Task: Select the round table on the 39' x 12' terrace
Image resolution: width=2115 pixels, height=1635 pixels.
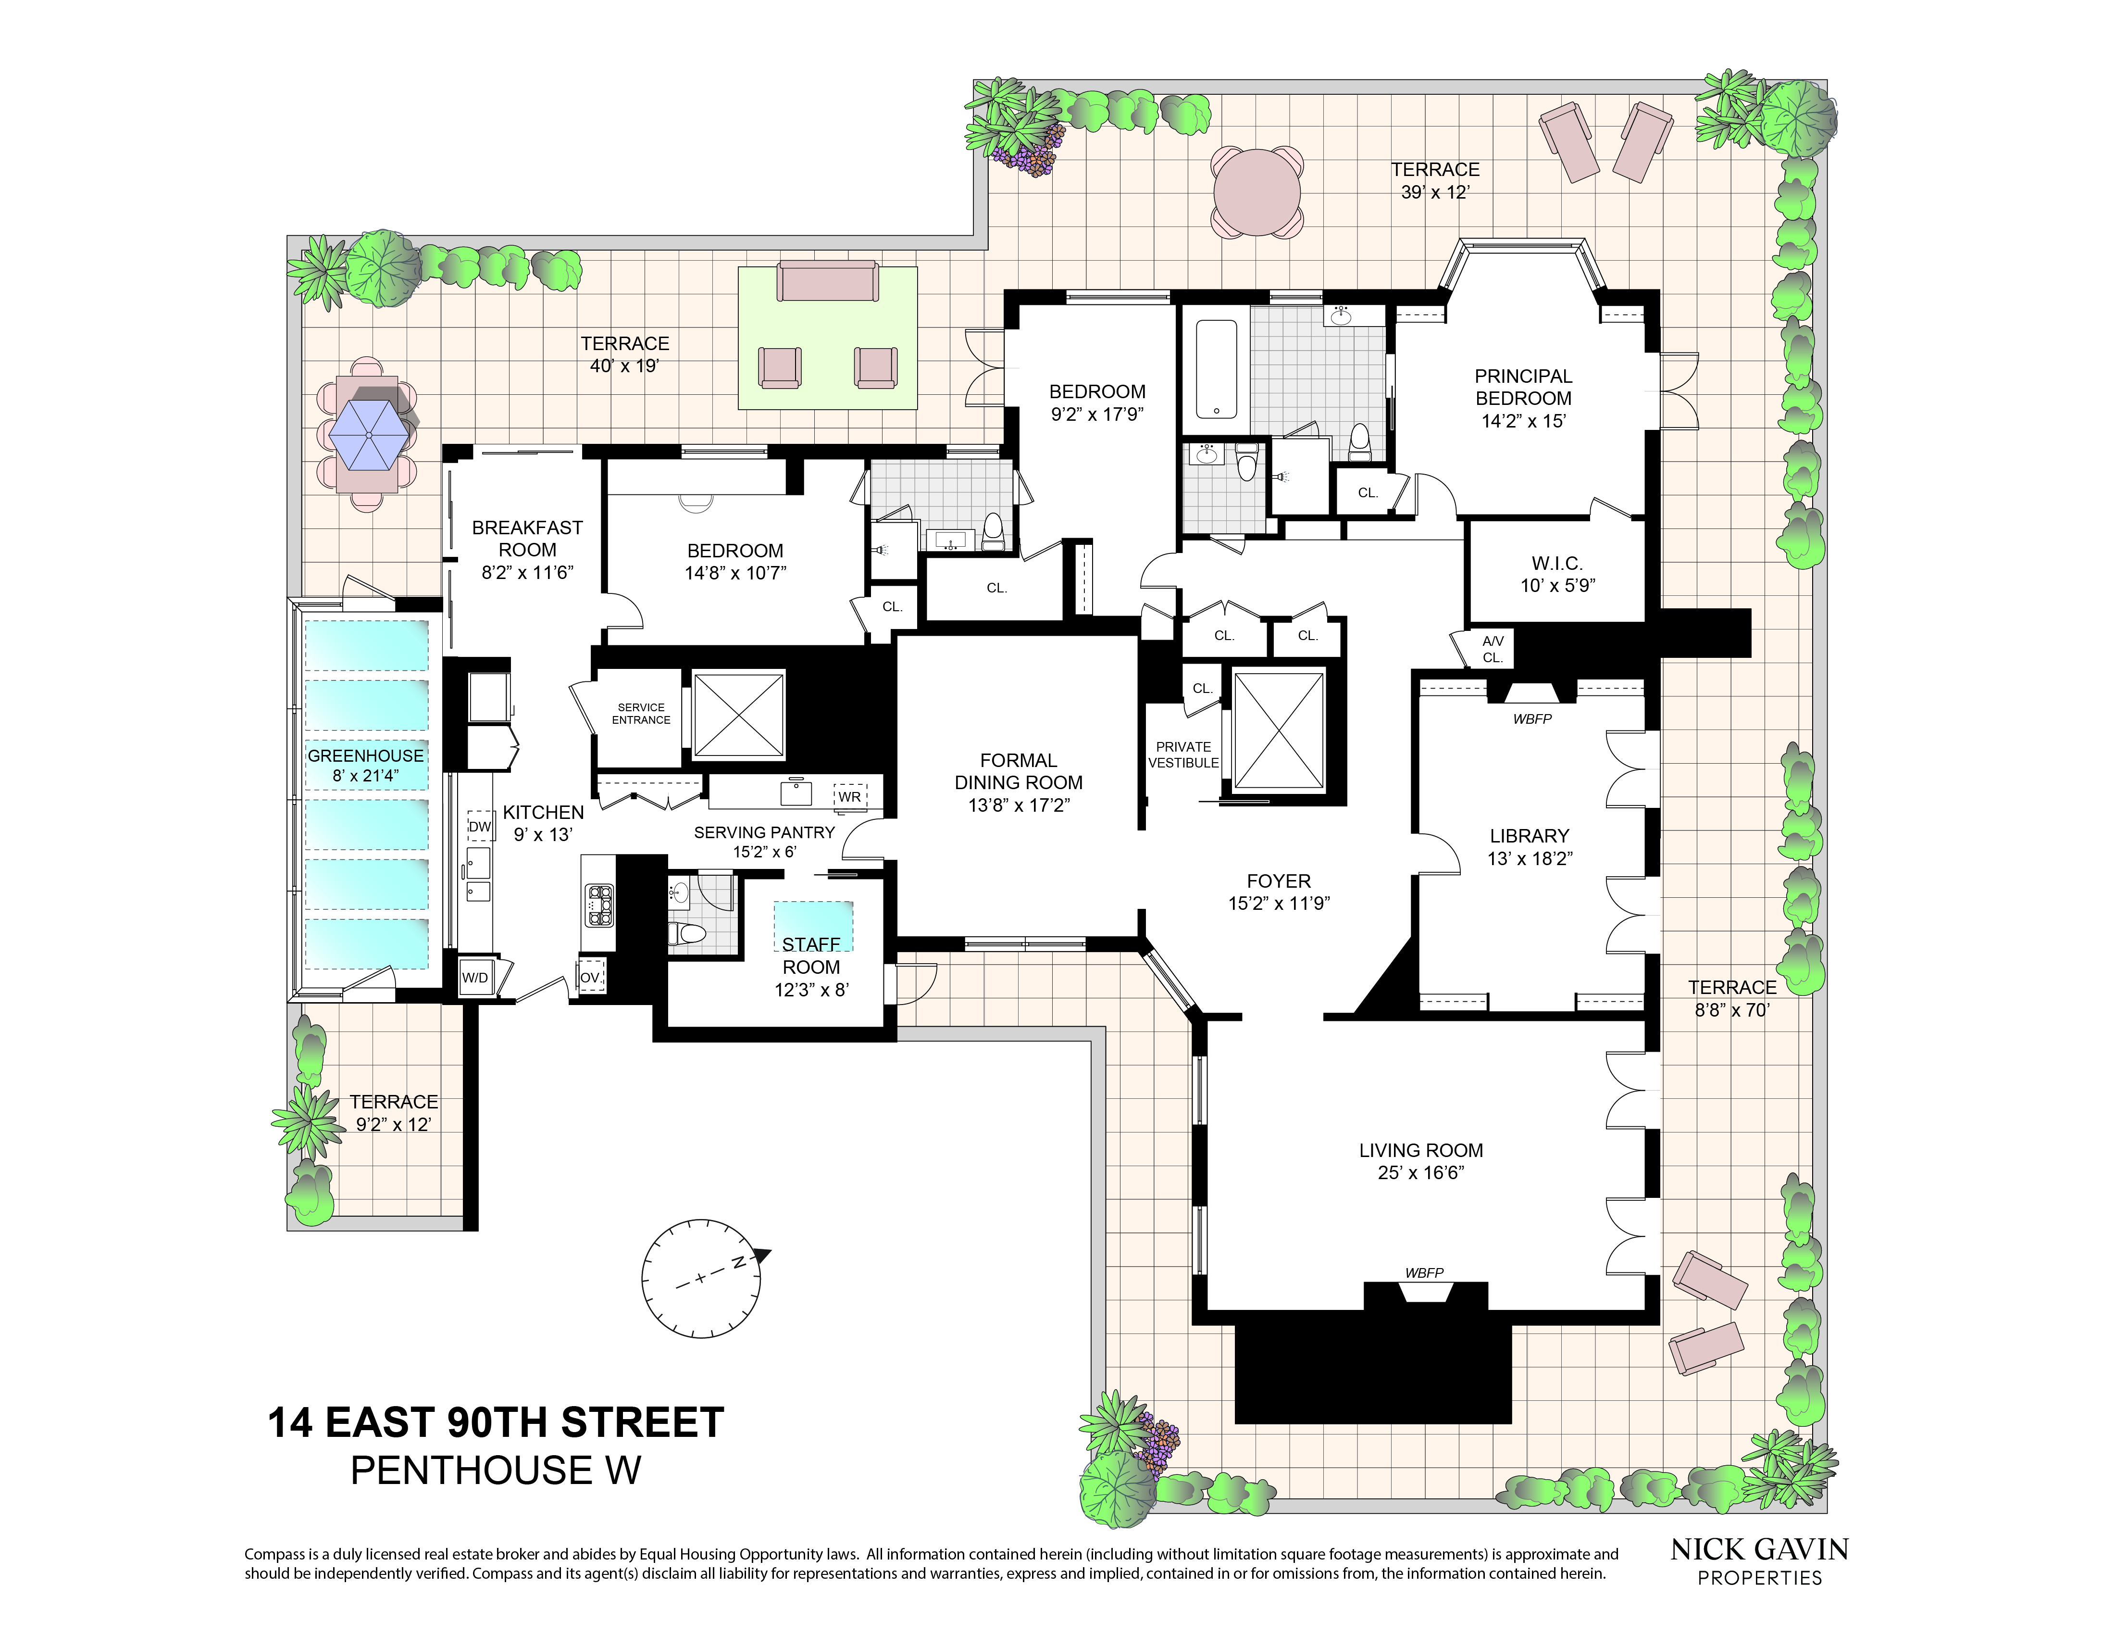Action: coord(1257,192)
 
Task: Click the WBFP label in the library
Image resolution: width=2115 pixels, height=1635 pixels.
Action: coord(1532,719)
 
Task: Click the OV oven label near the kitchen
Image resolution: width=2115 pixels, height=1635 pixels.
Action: coord(590,977)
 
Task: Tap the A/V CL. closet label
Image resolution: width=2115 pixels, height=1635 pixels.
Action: coord(1493,649)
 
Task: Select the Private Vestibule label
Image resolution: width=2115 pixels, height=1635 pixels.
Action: coord(1183,755)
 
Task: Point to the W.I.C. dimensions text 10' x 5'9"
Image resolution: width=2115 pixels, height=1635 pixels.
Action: coord(1557,585)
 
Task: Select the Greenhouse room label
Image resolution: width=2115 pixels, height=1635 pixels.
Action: coord(365,755)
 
